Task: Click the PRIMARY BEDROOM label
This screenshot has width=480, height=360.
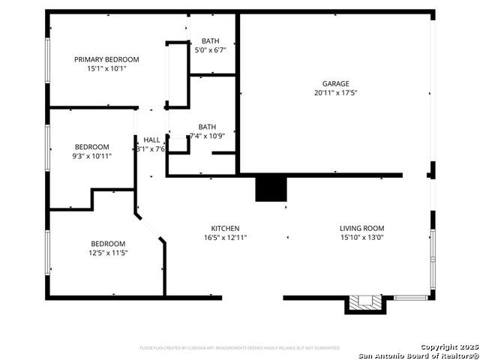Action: point(106,59)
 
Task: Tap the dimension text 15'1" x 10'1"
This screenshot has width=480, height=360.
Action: point(106,68)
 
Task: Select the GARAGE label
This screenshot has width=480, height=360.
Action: point(336,84)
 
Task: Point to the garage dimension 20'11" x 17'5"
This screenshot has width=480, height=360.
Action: point(336,93)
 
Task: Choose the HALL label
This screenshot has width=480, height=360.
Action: point(151,140)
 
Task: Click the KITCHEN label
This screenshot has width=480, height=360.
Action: point(225,229)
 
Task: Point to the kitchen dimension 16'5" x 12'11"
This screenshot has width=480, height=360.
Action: point(225,238)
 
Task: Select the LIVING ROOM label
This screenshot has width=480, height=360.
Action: point(361,229)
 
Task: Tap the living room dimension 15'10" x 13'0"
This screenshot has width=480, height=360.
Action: point(361,238)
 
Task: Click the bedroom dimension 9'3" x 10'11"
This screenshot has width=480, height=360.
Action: point(91,156)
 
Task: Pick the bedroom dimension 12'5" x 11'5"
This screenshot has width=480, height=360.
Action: point(108,253)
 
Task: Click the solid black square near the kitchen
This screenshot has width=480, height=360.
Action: point(271,189)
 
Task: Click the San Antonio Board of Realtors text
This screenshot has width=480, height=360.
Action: point(418,355)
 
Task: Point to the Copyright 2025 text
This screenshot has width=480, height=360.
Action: point(448,346)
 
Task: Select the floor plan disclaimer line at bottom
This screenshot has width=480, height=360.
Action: point(240,348)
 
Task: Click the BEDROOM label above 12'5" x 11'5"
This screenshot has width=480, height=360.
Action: point(108,244)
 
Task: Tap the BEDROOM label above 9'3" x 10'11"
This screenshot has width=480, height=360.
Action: point(91,147)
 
